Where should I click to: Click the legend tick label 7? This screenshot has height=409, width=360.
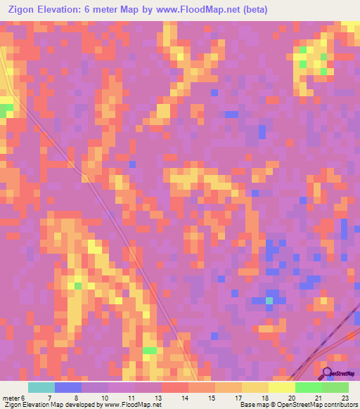pos(49,398)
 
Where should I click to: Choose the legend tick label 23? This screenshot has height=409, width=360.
pos(344,398)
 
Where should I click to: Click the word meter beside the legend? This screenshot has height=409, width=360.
pos(11,398)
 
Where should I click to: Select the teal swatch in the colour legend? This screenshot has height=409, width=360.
pos(41,387)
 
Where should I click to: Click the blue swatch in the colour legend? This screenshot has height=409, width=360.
pos(67,387)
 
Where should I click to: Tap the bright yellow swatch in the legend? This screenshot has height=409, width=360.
pos(281,387)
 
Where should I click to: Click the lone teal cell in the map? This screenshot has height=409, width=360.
pos(269,301)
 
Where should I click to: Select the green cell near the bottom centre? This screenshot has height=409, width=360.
pos(150,349)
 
